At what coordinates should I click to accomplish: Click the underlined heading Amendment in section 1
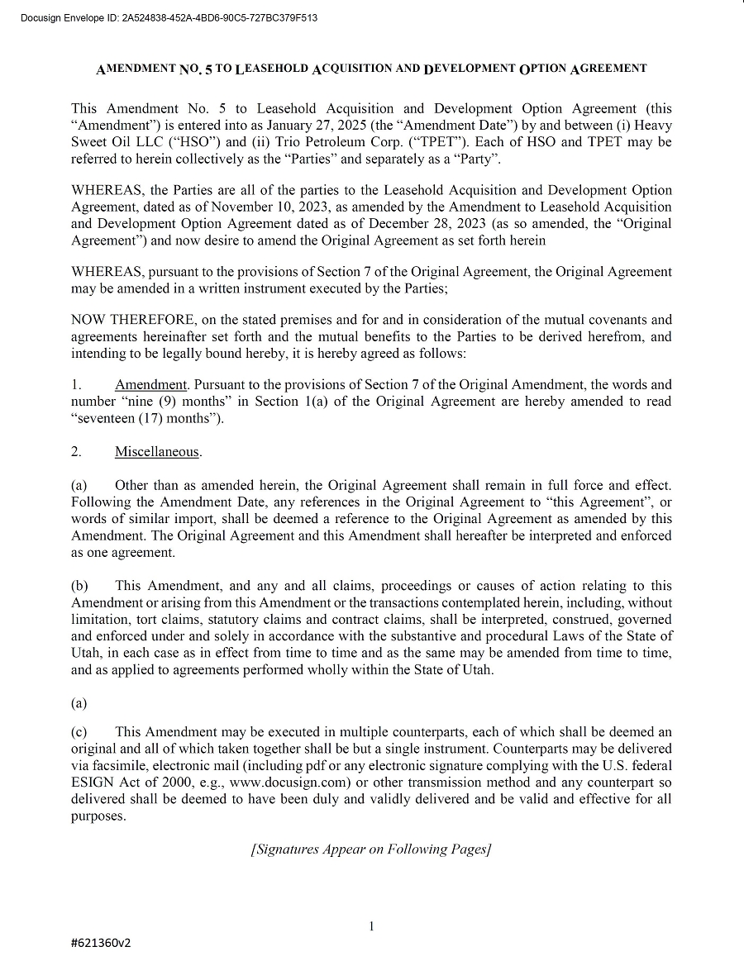(150, 385)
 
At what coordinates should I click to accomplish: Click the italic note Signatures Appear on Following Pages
(371, 849)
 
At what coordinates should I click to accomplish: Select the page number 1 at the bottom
(371, 926)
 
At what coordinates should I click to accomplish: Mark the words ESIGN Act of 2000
(121, 783)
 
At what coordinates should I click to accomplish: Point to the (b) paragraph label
(79, 586)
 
